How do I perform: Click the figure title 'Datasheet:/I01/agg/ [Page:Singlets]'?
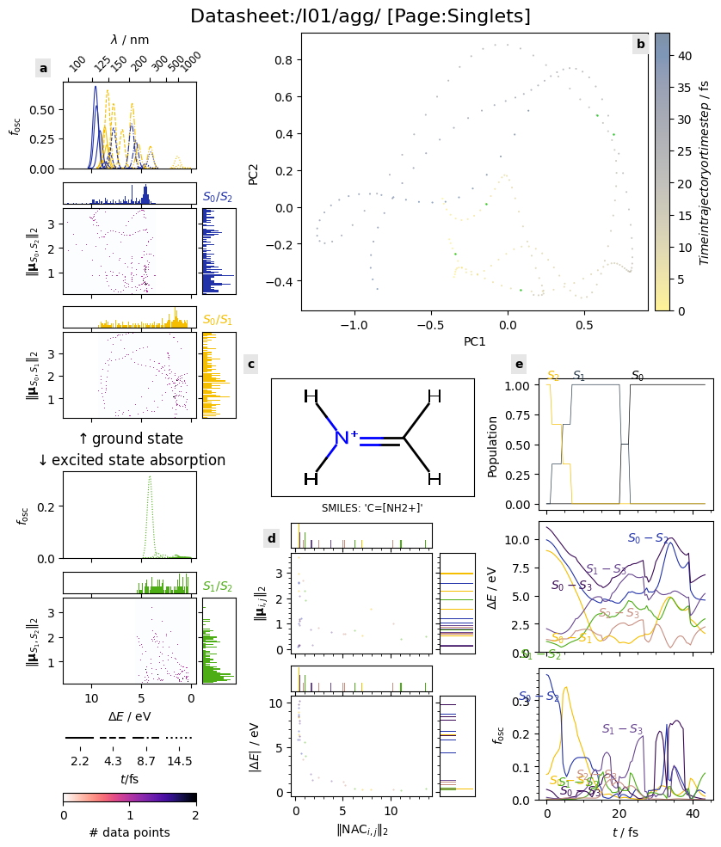(360, 16)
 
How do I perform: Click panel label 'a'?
(43, 68)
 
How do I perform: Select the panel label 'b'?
(640, 44)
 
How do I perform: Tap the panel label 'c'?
(251, 364)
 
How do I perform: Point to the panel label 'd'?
(272, 538)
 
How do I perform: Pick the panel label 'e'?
(519, 364)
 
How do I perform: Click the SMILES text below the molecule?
(372, 507)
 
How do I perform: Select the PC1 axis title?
(474, 341)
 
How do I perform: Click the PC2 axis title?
(253, 172)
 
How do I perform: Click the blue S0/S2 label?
(218, 197)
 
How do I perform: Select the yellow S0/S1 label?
(218, 320)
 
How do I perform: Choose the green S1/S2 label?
(218, 586)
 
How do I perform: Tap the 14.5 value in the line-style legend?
(179, 761)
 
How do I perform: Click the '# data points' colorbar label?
(129, 832)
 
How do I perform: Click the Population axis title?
(493, 445)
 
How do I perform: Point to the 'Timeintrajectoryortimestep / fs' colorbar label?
(705, 172)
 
